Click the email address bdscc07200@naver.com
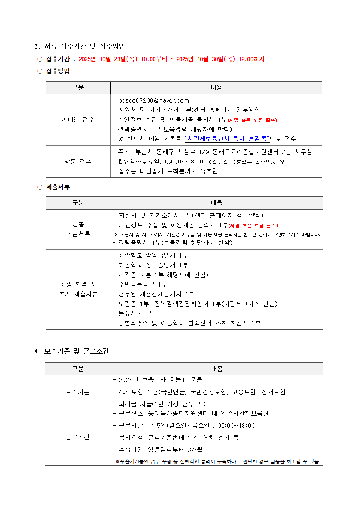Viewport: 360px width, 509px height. point(154,100)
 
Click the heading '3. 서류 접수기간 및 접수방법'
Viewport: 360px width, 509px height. point(79,46)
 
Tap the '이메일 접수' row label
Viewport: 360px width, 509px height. point(78,120)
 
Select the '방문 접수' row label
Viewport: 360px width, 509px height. point(78,161)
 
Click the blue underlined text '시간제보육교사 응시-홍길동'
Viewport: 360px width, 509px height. point(227,139)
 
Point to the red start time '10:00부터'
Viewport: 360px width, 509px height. point(154,59)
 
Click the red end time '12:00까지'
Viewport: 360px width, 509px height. point(251,59)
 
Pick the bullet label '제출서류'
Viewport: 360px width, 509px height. point(58,187)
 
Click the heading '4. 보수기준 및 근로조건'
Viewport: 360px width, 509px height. point(71,351)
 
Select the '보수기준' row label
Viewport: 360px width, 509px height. point(78,392)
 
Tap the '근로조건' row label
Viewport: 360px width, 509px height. point(78,437)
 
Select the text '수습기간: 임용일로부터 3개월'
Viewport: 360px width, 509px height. point(160,450)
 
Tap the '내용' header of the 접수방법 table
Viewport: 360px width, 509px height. point(216,87)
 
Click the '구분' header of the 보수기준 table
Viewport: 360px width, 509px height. point(78,369)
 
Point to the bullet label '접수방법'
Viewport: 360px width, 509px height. point(58,71)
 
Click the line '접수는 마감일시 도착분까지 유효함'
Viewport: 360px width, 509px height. point(168,171)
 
